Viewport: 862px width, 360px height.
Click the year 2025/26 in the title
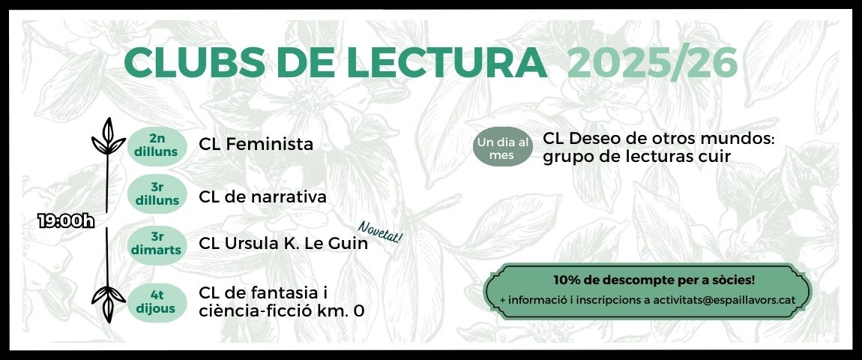point(652,63)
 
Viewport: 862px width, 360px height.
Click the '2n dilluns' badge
point(156,145)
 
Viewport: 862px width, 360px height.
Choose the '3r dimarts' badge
point(156,244)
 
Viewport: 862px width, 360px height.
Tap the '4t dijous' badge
point(156,302)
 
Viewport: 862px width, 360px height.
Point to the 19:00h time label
point(67,220)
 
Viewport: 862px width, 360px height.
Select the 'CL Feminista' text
point(256,144)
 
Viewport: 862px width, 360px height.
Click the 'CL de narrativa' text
point(262,197)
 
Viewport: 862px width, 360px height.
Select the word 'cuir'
point(712,156)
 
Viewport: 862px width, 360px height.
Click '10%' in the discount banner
point(568,280)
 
